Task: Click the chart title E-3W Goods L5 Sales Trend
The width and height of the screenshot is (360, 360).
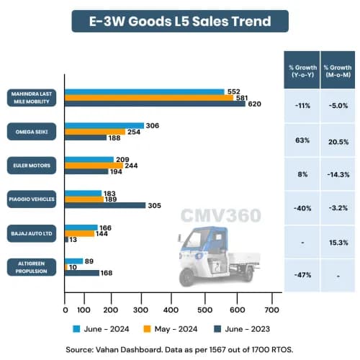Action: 180,21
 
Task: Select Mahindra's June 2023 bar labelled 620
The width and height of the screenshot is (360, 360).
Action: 155,104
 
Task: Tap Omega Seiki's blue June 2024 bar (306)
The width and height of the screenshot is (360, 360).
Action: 104,125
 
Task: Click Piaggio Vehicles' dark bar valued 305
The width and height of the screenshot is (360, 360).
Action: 105,205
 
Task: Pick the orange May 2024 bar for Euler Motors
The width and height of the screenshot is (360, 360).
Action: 94,166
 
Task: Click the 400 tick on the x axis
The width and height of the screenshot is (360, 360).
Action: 171,310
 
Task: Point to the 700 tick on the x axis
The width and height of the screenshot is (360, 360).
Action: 271,310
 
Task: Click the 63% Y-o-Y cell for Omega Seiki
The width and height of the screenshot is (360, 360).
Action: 301,140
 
